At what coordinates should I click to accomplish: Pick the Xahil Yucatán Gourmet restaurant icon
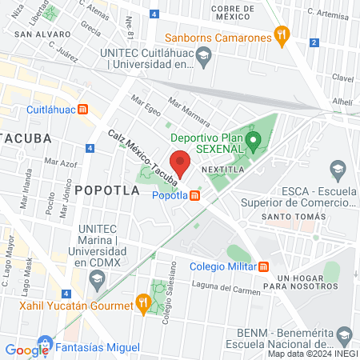(143, 302)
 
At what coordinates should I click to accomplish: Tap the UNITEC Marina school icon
(98, 279)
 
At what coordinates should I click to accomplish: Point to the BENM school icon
(345, 334)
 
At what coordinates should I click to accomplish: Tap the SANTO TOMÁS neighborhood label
(302, 217)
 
